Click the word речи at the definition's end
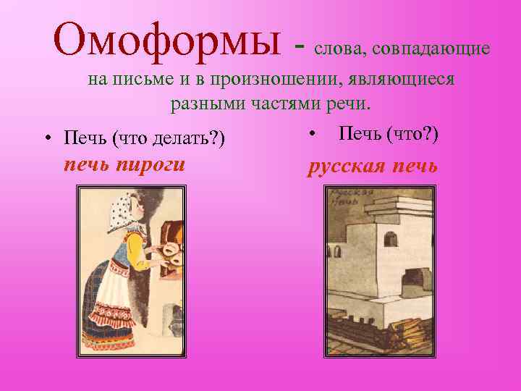[350, 104]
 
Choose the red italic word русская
[347, 166]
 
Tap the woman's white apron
[116, 304]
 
